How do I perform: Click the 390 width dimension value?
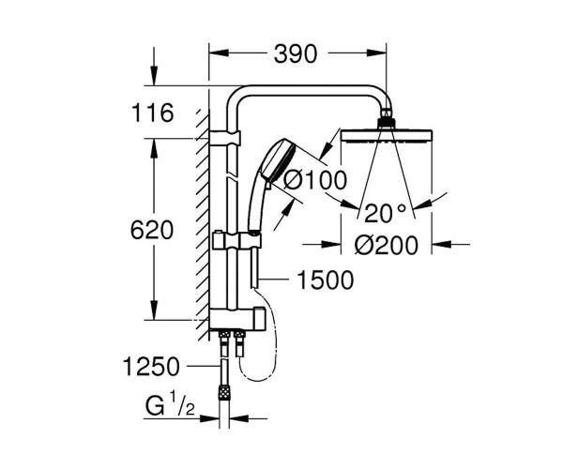296,54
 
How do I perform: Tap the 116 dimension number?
153,113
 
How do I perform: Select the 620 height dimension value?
152,230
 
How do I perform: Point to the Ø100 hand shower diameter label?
315,179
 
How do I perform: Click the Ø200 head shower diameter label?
387,245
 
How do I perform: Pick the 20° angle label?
385,213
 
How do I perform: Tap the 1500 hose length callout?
326,280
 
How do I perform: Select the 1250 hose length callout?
151,367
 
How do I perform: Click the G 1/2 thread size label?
170,405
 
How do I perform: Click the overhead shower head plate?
386,136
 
